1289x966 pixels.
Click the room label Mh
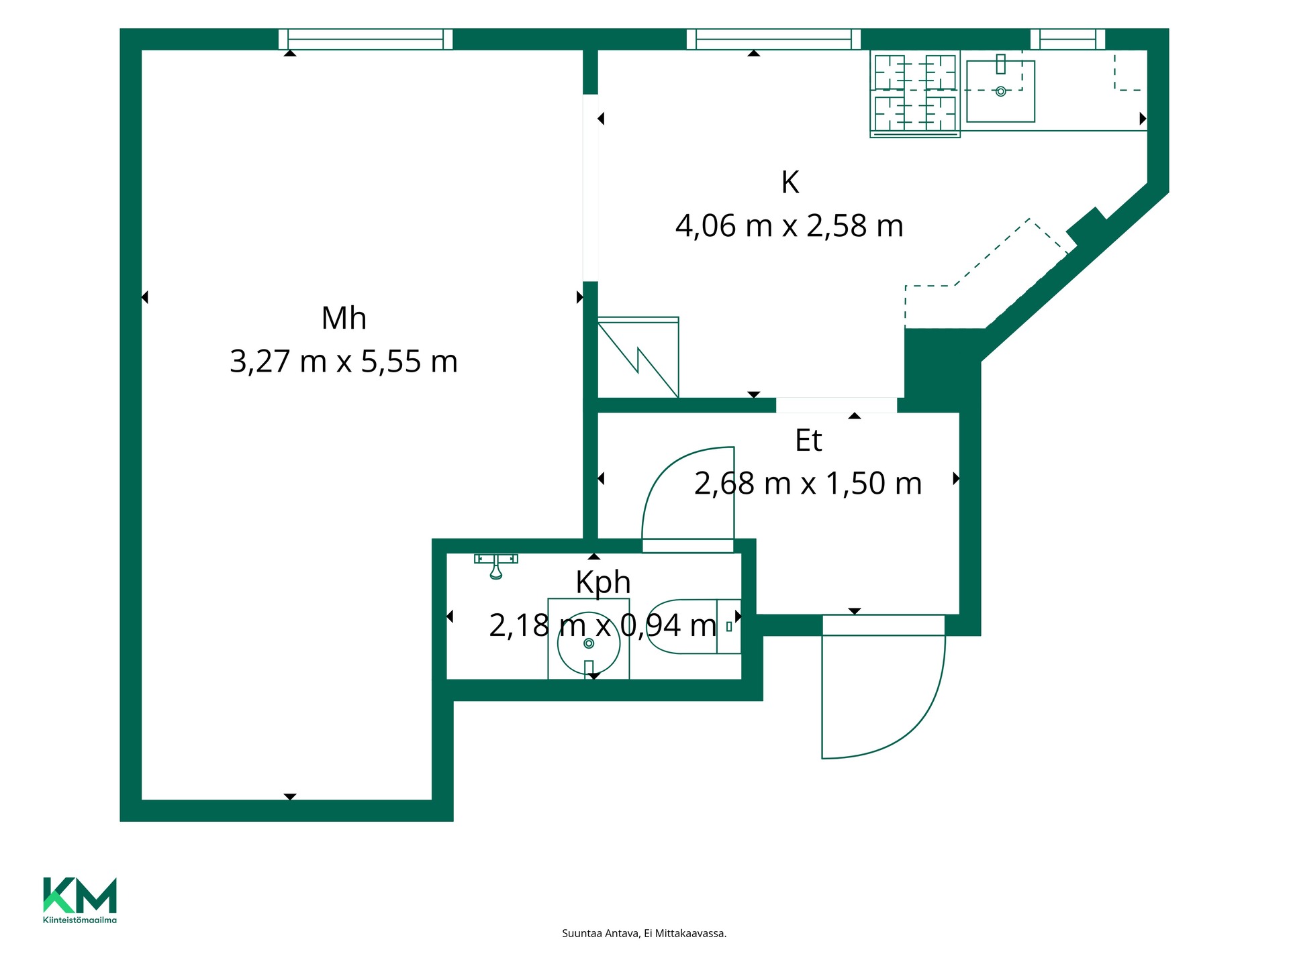point(344,319)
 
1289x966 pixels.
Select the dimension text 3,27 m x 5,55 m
point(344,362)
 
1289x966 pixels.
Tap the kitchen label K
point(790,182)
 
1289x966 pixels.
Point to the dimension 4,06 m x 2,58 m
point(790,226)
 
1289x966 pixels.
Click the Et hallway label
point(808,441)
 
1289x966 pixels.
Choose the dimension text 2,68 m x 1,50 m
point(808,484)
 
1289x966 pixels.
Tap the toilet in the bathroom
point(694,627)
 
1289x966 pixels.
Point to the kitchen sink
point(1000,91)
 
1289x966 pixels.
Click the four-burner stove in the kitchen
point(915,94)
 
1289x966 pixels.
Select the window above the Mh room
point(365,39)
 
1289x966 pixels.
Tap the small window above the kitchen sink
point(1067,39)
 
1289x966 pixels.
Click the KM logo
point(80,895)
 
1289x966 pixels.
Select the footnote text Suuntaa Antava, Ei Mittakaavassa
point(644,933)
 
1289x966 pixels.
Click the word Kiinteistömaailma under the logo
point(80,920)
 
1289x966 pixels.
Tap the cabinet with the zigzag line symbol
point(638,357)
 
